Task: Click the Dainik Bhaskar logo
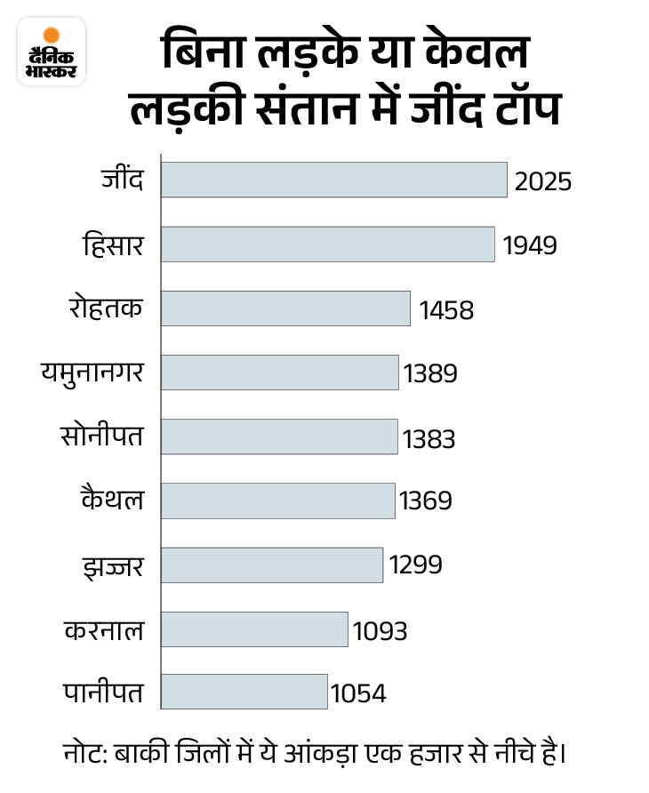52,51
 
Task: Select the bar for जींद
333,180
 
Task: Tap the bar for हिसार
327,244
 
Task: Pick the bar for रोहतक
285,308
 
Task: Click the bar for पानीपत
244,692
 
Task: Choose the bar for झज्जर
272,565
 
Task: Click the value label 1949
530,245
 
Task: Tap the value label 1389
430,373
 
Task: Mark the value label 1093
380,630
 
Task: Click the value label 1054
358,693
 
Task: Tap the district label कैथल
112,501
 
